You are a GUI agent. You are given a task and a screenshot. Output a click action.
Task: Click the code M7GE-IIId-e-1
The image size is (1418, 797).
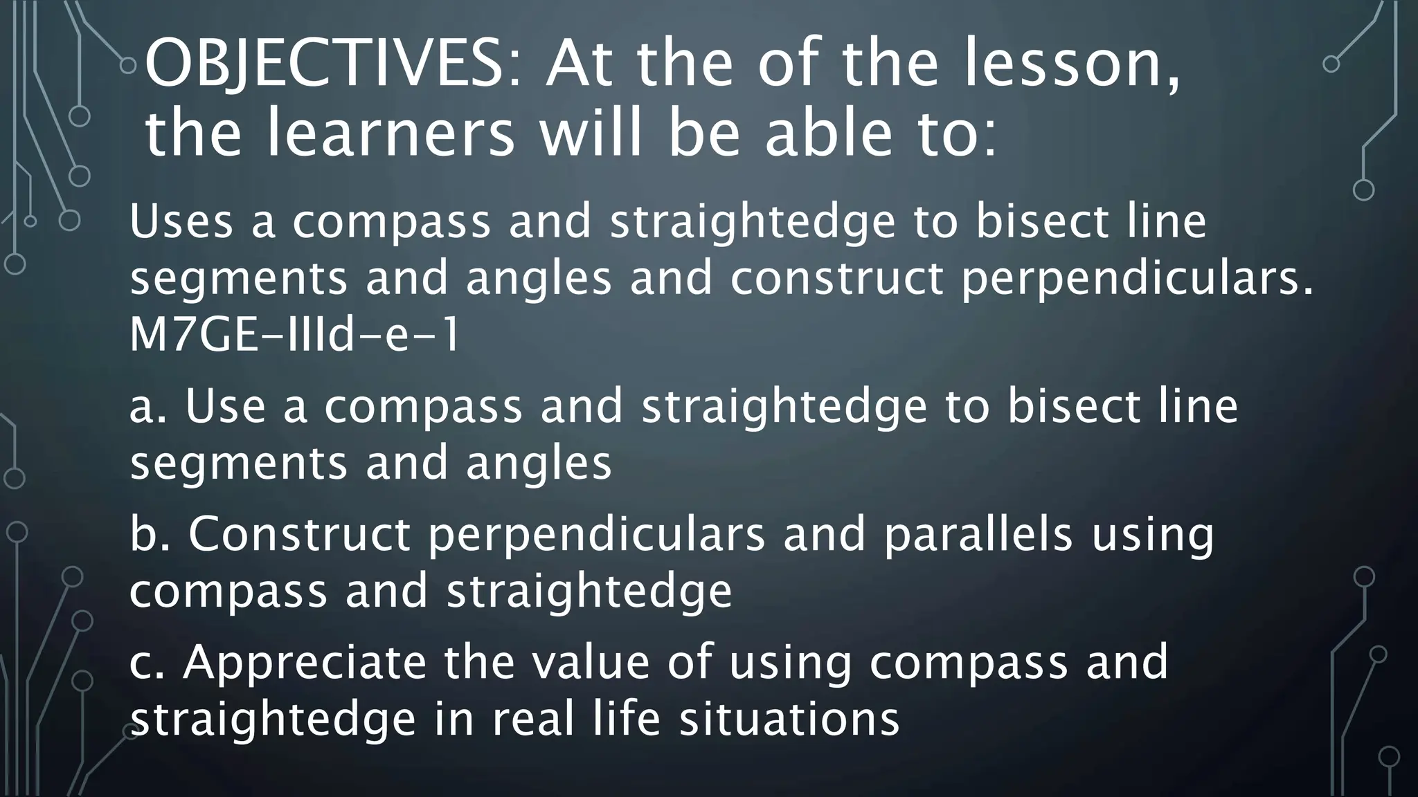(x=294, y=336)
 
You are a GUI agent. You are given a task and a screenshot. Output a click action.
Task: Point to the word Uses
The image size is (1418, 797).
(x=181, y=222)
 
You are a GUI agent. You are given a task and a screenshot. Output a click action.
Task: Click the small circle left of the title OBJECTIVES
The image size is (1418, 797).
(x=127, y=66)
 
